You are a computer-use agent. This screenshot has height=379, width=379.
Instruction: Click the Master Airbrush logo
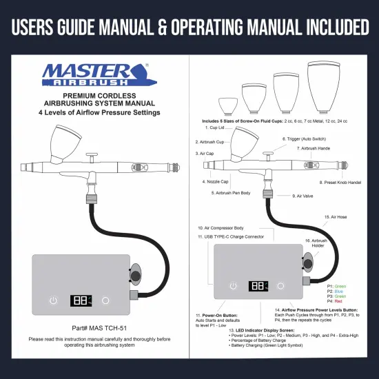pyautogui.click(x=94, y=74)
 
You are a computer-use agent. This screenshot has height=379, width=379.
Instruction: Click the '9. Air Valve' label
pyautogui.click(x=303, y=196)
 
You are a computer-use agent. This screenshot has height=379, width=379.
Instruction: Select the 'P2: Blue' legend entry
pyautogui.click(x=336, y=291)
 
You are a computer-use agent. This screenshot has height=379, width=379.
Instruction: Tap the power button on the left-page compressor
pyautogui.click(x=54, y=300)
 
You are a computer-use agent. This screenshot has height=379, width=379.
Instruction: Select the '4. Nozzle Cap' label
pyautogui.click(x=215, y=182)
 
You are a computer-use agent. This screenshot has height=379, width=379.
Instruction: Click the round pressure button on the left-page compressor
pyautogui.click(x=105, y=300)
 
